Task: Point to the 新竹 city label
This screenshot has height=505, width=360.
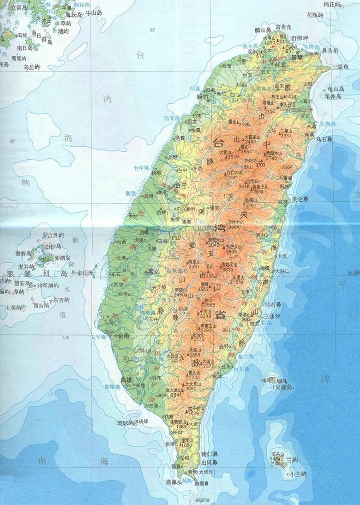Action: click(203, 97)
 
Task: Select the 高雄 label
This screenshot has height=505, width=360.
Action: click(126, 380)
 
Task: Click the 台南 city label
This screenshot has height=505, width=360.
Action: click(123, 335)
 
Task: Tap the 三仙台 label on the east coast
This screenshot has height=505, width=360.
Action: click(273, 316)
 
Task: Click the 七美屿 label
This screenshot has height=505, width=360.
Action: click(16, 307)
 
